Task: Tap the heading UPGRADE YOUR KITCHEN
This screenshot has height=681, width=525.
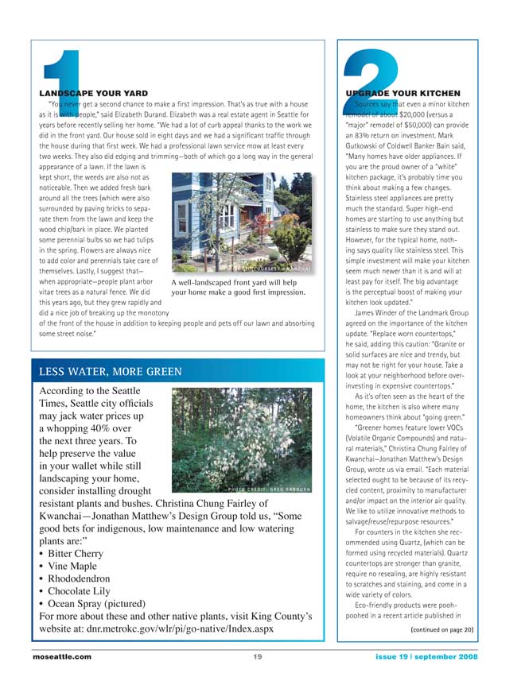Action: pos(405,93)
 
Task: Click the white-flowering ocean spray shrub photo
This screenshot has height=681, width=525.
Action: pos(241,438)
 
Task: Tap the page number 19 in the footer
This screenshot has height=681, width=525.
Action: pos(258,656)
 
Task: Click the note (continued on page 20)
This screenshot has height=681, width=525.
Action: pos(441,629)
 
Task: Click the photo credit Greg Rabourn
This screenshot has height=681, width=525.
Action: pos(273,486)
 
